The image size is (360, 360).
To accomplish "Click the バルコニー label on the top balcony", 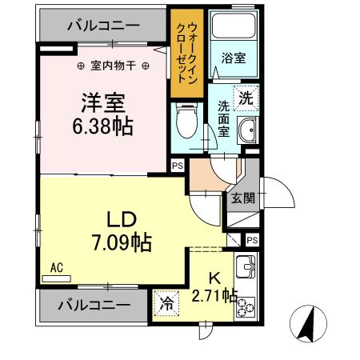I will (x=102, y=25).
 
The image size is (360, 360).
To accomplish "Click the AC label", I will (x=57, y=269).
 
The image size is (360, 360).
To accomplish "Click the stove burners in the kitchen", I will (x=244, y=305).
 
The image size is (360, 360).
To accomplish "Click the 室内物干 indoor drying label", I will (x=112, y=66).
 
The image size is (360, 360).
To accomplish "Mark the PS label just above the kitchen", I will (x=252, y=240).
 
